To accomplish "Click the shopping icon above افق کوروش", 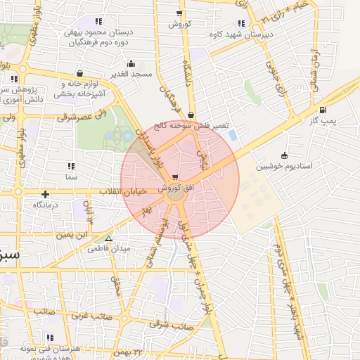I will point(175,178).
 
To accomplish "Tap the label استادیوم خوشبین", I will point(283,167).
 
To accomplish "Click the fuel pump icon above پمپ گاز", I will point(323,110).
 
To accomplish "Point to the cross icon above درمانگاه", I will point(46,194).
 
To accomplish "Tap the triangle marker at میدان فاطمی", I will point(108,239).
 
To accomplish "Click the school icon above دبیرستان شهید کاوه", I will point(242,23).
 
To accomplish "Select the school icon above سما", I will point(70,167).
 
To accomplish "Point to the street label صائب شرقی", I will point(181,326).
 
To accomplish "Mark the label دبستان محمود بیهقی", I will point(94,32).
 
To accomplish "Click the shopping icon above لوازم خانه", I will point(79,73).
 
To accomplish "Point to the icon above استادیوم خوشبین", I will point(284,155).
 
